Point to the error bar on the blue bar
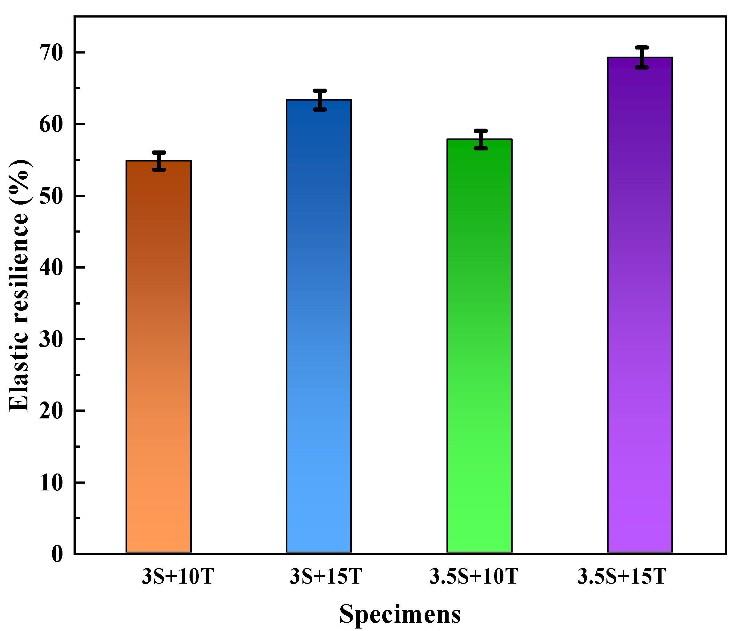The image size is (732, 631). (320, 100)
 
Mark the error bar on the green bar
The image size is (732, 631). (481, 139)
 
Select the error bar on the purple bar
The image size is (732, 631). (642, 57)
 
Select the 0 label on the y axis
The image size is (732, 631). (57, 554)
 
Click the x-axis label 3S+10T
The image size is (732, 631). (178, 577)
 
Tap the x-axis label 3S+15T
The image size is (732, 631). (326, 577)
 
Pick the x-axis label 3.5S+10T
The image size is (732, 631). (474, 577)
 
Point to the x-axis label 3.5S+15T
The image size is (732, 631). (622, 577)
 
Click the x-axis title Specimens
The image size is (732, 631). (400, 614)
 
